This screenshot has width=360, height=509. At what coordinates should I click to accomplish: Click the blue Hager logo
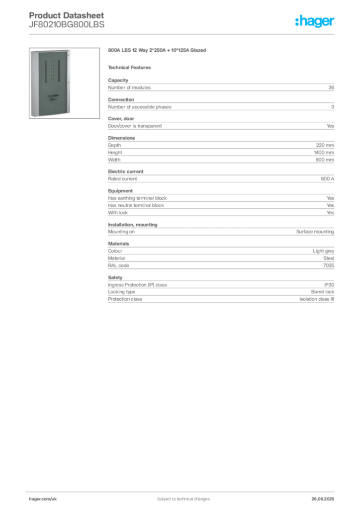tap(315, 22)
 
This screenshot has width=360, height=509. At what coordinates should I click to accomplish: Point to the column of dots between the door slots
tap(52, 70)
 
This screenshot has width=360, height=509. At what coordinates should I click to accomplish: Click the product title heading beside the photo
tap(156, 51)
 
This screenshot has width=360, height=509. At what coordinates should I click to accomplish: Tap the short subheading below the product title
tap(131, 67)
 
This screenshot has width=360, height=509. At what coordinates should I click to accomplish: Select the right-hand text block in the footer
tap(326, 497)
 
